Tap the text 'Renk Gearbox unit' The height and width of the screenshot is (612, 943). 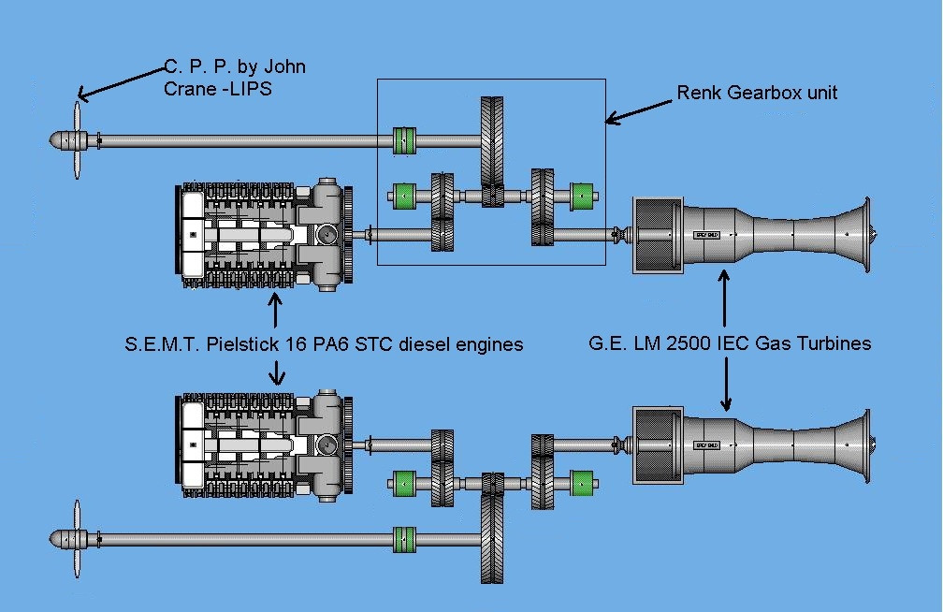(757, 93)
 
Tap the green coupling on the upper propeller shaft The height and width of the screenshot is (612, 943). (404, 140)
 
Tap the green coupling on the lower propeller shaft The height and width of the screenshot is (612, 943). (404, 538)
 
